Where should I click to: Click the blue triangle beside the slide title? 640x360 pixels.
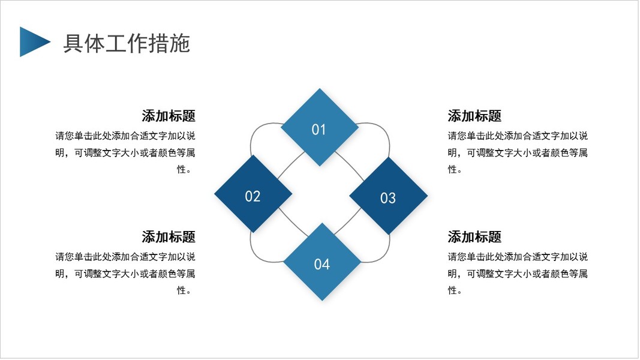point(32,41)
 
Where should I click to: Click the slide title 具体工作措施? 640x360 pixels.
point(127,43)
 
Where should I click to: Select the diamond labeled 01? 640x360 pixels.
point(320,127)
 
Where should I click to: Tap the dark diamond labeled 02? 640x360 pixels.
point(253,194)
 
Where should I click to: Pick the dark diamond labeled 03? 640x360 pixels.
point(389,196)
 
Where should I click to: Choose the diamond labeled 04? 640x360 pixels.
point(322,262)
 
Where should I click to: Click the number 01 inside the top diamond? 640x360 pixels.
point(319,130)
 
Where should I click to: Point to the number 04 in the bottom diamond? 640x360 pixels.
point(321,265)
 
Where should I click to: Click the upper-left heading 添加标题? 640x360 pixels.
point(169,116)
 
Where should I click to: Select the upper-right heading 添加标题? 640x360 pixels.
point(474,116)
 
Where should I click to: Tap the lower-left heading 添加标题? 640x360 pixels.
point(169,237)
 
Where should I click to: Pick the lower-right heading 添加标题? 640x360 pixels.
point(474,237)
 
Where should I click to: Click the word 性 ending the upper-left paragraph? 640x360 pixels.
point(182,169)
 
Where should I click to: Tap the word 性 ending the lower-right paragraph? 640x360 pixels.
point(452,290)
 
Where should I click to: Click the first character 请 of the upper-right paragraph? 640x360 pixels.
point(452,136)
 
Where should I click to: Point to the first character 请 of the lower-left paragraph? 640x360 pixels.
point(60,257)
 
